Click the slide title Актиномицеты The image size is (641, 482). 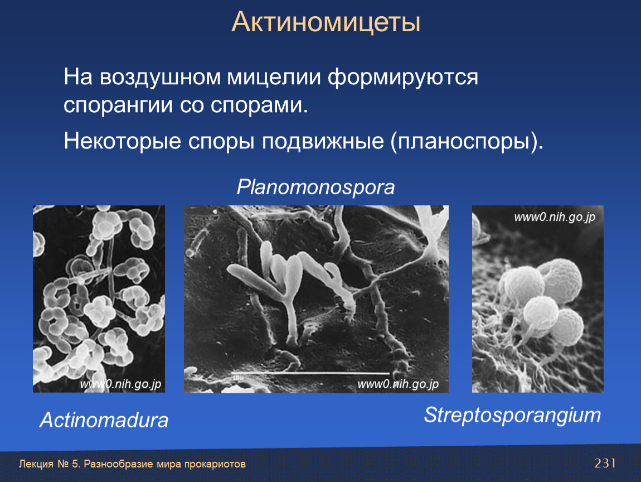click(x=326, y=22)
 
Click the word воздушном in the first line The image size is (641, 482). click(x=161, y=77)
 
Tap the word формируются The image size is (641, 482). click(x=402, y=78)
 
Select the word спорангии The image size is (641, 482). click(x=118, y=105)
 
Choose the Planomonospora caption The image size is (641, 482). click(x=315, y=187)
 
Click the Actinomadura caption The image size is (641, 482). click(x=104, y=420)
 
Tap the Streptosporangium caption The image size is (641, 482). click(x=512, y=415)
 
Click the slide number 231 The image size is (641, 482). click(x=605, y=463)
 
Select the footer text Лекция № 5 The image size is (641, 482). click(x=50, y=464)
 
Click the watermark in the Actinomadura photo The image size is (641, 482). click(x=120, y=384)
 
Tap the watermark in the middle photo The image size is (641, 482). click(x=398, y=384)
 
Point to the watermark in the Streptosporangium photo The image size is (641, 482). click(x=555, y=217)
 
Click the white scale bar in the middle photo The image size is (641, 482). click(x=310, y=373)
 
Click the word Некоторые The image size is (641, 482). click(x=122, y=142)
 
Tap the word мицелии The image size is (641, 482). click(x=274, y=78)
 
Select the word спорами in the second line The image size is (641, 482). click(x=259, y=105)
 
